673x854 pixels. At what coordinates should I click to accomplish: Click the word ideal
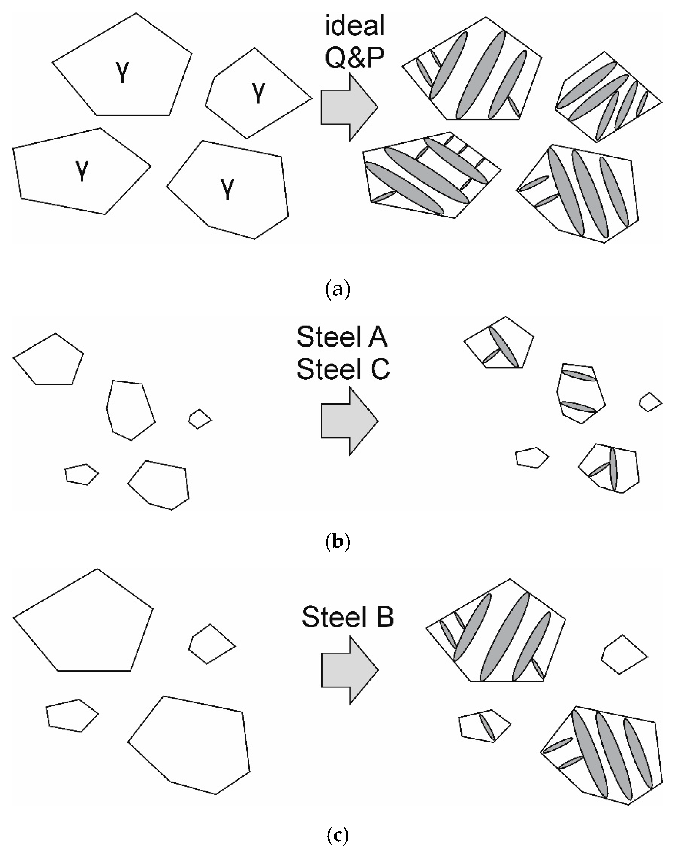click(354, 27)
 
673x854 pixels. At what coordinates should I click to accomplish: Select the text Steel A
click(342, 338)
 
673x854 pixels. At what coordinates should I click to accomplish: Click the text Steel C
click(343, 370)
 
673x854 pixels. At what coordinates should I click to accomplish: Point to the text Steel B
click(348, 617)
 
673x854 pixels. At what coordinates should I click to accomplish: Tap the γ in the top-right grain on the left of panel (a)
click(259, 93)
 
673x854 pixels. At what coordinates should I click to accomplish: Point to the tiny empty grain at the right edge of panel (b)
click(650, 402)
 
